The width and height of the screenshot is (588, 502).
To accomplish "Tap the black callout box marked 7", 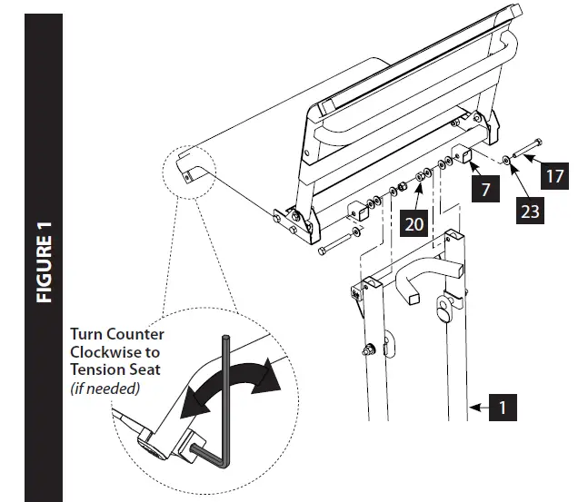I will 484,190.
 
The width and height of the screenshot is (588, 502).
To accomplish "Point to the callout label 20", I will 414,221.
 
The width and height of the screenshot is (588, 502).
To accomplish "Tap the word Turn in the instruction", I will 88,335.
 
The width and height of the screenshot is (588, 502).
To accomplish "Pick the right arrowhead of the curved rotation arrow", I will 269,374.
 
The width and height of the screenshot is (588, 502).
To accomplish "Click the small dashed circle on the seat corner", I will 185,169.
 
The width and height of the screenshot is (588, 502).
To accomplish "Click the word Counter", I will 136,335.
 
